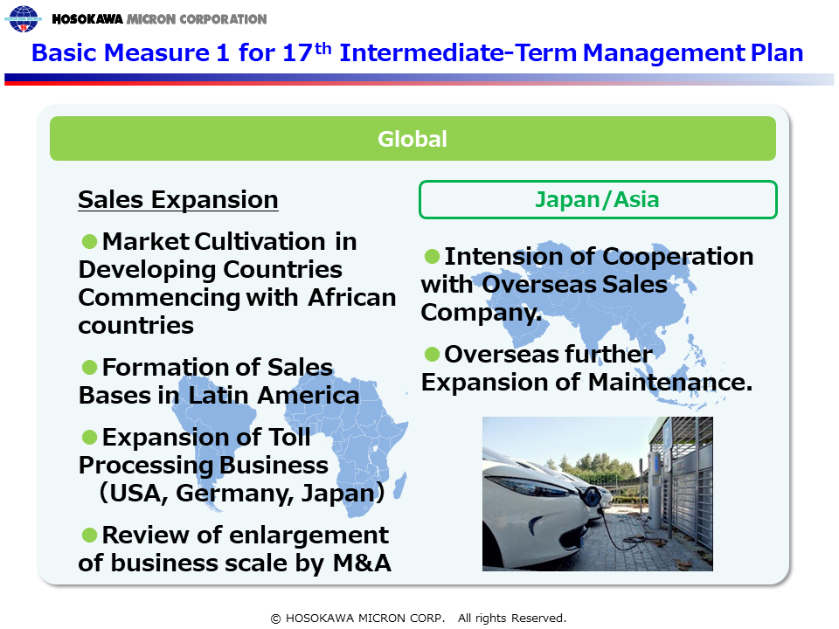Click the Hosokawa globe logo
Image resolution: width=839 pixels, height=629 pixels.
coord(23,18)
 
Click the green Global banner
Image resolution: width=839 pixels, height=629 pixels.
coord(413,139)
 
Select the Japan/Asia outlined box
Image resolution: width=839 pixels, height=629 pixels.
coord(598,199)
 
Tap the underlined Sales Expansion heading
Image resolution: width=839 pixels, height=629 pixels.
coord(178,200)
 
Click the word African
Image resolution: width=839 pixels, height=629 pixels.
coord(352,297)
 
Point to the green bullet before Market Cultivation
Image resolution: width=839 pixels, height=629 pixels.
coord(89,241)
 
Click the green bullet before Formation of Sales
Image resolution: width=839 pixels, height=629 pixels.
coord(89,368)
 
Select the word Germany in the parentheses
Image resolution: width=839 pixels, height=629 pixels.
coord(234,493)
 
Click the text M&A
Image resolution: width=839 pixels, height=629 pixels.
coord(362,563)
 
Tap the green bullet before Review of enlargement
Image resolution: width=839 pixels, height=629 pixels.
coord(89,535)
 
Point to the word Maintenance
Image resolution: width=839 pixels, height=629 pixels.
coord(670,383)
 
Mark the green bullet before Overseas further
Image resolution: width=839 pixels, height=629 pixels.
coord(432,354)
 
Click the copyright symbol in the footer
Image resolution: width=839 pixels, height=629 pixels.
coord(275,619)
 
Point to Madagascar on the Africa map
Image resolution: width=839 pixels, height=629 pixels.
coord(400,485)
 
